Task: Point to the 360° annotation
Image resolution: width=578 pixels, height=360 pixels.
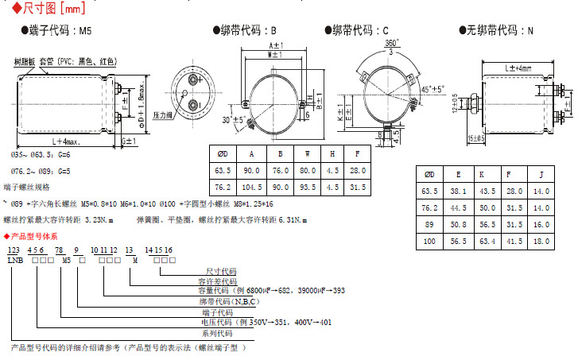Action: pyautogui.click(x=391, y=42)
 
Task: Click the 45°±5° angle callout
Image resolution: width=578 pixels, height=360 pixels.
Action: pyautogui.click(x=433, y=90)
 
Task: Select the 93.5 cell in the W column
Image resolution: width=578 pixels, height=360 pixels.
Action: pyautogui.click(x=308, y=188)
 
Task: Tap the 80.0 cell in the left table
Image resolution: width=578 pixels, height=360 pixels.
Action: pyautogui.click(x=308, y=170)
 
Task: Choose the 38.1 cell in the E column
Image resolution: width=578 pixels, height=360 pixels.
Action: pyautogui.click(x=459, y=191)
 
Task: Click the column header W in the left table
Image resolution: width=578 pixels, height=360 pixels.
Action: pyautogui.click(x=308, y=153)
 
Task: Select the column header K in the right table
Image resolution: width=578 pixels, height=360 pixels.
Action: pyautogui.click(x=486, y=174)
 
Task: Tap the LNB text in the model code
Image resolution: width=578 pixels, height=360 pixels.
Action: pyautogui.click(x=15, y=260)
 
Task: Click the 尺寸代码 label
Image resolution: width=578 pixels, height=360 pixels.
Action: pyautogui.click(x=220, y=271)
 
